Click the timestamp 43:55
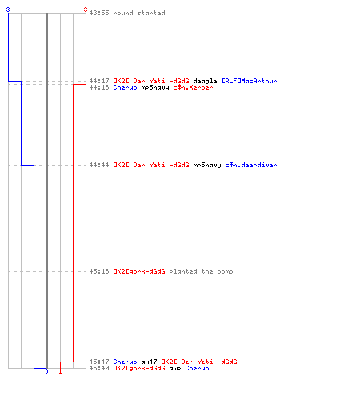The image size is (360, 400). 99,13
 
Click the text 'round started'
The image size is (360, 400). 139,13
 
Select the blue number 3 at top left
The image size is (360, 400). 8,10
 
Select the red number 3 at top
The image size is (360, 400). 86,10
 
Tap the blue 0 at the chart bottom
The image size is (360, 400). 46,371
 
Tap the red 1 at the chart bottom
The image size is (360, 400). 60,371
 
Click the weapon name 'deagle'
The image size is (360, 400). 205,81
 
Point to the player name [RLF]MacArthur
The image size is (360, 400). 250,81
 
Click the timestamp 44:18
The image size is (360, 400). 99,87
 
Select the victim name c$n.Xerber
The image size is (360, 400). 193,87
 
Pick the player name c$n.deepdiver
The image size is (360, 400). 251,165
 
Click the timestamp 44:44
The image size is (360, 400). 99,165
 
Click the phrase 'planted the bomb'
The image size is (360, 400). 201,271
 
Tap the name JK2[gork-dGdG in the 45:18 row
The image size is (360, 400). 139,271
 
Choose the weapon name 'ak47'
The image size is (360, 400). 149,362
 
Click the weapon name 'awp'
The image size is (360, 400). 175,369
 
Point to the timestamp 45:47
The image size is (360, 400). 99,362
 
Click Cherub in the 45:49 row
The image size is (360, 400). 197,368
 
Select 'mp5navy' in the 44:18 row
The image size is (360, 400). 155,88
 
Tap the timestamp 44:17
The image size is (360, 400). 99,81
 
